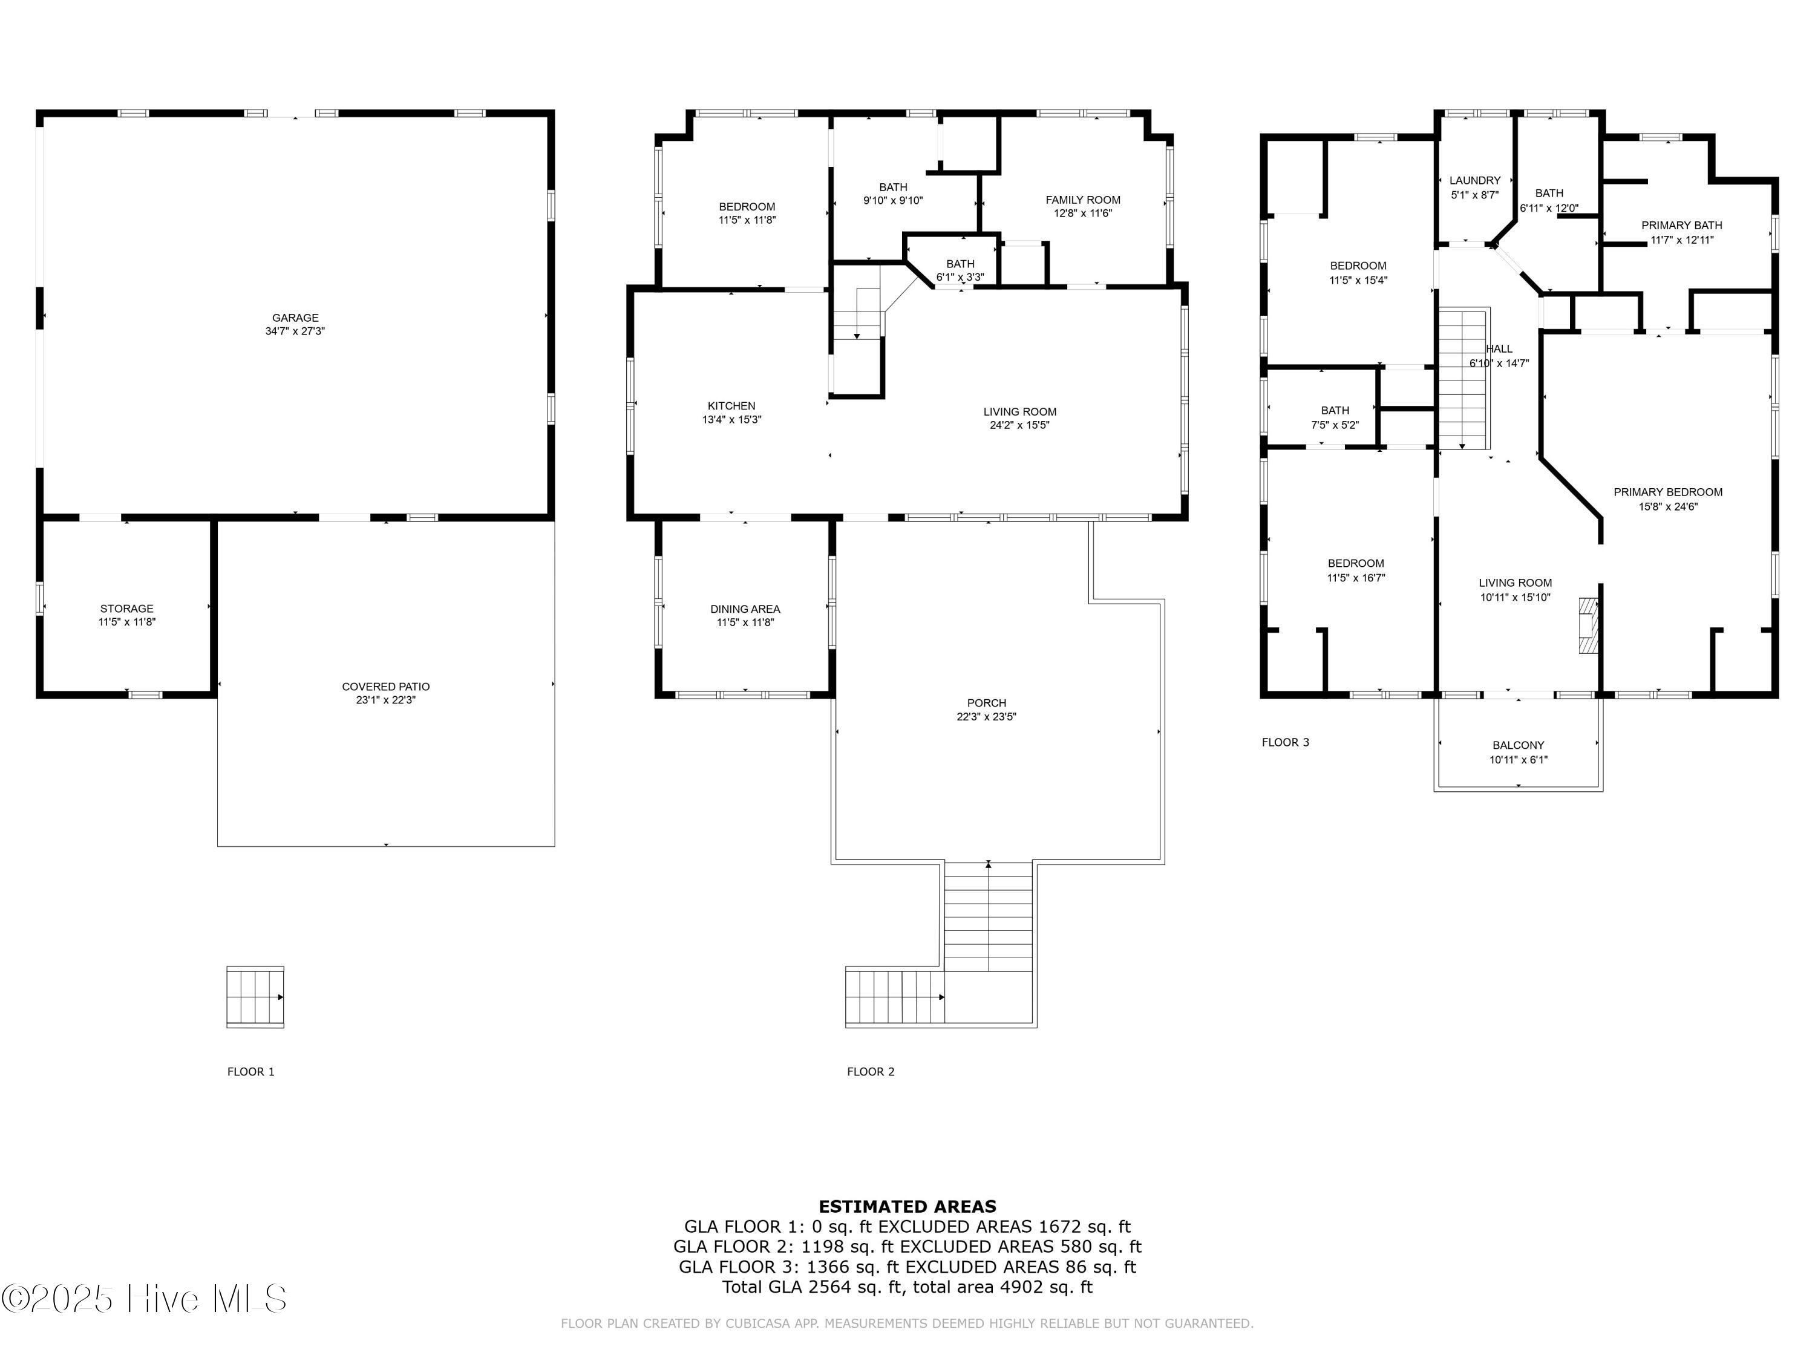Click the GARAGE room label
pyautogui.click(x=295, y=318)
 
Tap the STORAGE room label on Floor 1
pyautogui.click(x=127, y=609)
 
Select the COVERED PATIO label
pyautogui.click(x=385, y=687)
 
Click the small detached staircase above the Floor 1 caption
pyautogui.click(x=255, y=997)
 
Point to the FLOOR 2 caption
pyautogui.click(x=871, y=1071)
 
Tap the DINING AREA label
pyautogui.click(x=745, y=609)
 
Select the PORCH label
pyautogui.click(x=986, y=703)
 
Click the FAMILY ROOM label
pyautogui.click(x=1083, y=200)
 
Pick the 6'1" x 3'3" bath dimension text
pyautogui.click(x=960, y=277)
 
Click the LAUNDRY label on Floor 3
pyautogui.click(x=1474, y=180)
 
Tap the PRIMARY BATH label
pyautogui.click(x=1681, y=226)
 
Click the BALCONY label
pyautogui.click(x=1518, y=745)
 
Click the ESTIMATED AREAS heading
pyautogui.click(x=907, y=1207)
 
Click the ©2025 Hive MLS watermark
pyautogui.click(x=145, y=1299)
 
